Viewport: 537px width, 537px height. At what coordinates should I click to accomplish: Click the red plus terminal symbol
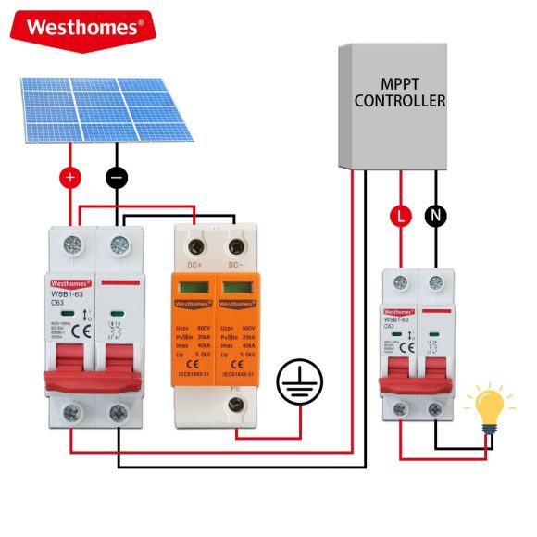click(70, 176)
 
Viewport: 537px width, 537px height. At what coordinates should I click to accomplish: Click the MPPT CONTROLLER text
click(400, 93)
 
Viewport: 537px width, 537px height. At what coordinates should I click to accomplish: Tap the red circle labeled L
click(400, 217)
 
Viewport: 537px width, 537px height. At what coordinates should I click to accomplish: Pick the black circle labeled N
click(435, 217)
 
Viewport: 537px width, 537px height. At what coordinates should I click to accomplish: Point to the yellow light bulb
click(491, 408)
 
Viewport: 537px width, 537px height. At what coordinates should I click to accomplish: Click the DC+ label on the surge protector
click(194, 266)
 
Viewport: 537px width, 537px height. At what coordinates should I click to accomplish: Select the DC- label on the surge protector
click(236, 266)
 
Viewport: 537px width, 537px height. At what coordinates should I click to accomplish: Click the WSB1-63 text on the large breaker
click(64, 295)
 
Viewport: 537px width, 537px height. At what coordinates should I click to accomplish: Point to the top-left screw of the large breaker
click(70, 245)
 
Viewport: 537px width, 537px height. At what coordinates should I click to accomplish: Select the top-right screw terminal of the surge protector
click(236, 245)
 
